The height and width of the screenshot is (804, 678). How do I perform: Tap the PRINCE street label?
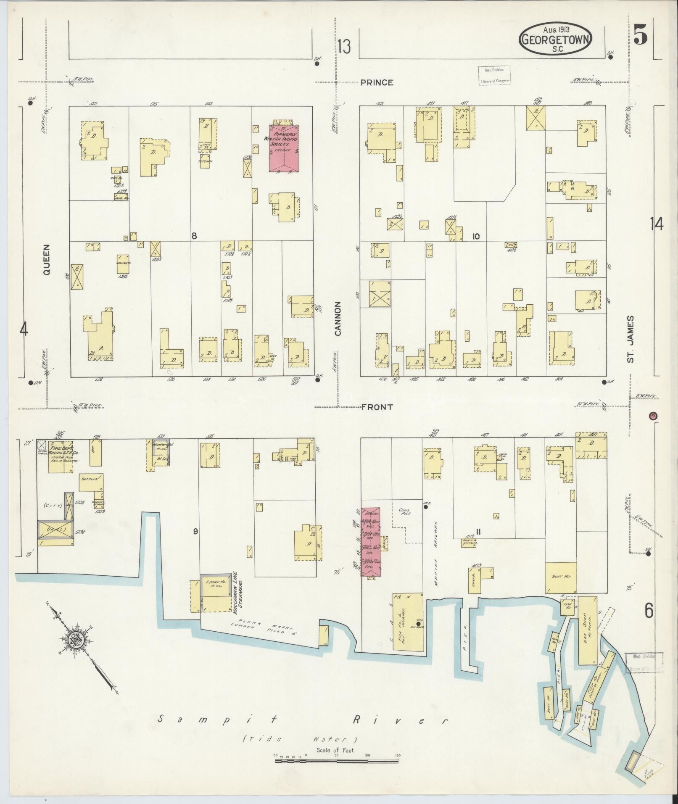tap(377, 83)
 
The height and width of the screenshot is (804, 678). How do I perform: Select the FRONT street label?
tap(377, 407)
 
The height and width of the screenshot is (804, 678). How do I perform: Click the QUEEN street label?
tap(46, 260)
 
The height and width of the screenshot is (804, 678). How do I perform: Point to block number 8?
tap(194, 236)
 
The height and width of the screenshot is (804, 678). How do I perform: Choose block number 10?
tap(475, 237)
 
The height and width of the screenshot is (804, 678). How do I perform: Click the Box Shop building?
tap(588, 629)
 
